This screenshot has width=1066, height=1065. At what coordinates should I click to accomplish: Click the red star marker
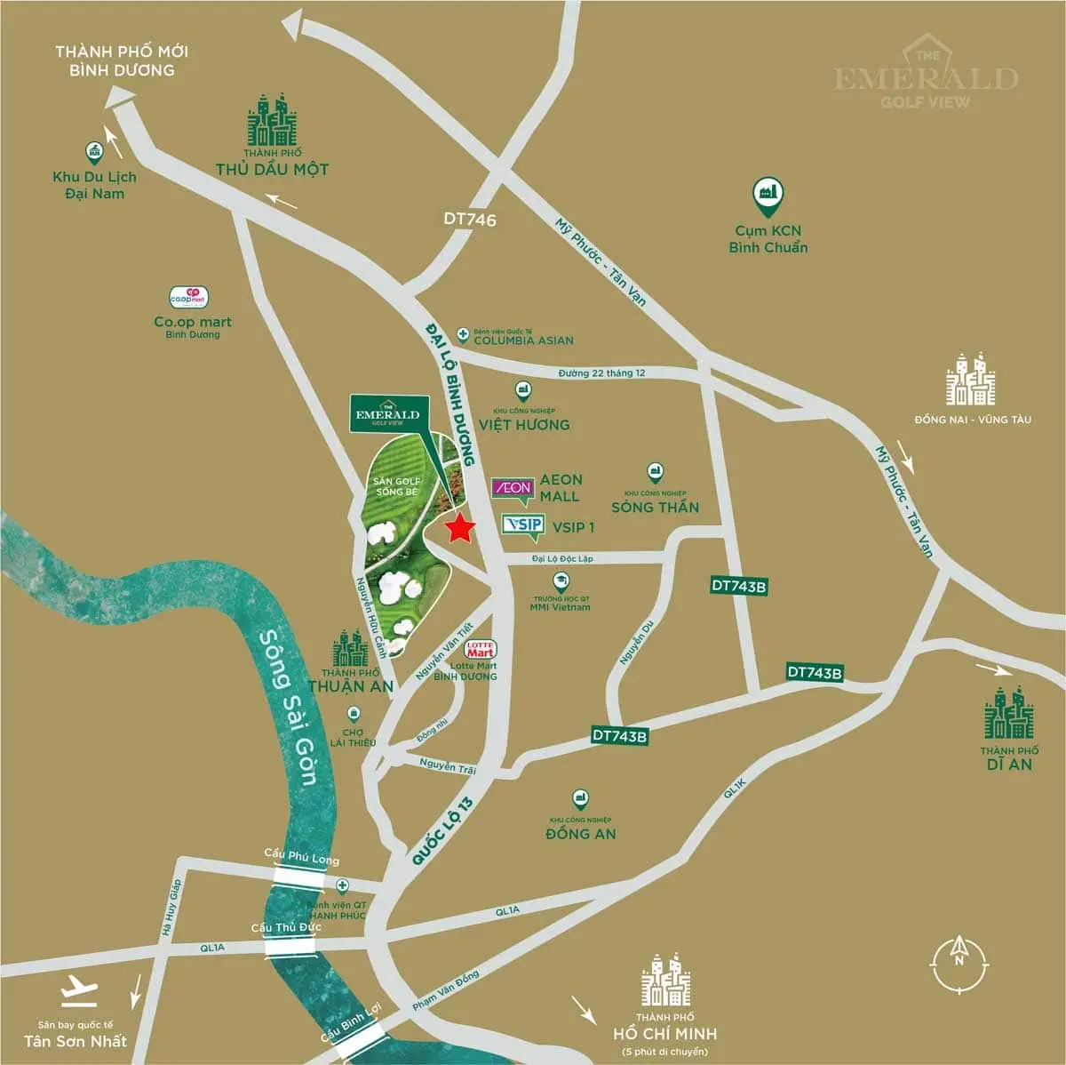(459, 528)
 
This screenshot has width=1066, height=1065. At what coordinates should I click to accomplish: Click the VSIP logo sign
(522, 525)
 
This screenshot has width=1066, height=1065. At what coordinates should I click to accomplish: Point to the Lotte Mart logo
(481, 649)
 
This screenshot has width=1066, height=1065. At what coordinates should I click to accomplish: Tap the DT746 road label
(470, 219)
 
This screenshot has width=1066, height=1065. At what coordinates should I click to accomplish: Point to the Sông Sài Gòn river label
(287, 707)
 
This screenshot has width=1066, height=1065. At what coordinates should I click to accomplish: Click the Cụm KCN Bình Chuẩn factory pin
(768, 193)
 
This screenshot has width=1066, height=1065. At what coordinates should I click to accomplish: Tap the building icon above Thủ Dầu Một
(272, 120)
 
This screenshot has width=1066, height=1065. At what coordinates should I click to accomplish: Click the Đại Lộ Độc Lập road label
(561, 559)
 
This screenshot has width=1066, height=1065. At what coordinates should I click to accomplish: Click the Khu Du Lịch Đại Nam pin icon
(93, 152)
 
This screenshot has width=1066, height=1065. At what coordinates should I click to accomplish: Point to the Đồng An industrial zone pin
(581, 798)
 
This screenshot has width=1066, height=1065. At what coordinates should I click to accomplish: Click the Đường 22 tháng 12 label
(601, 373)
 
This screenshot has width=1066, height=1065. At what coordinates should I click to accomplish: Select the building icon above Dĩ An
(1008, 713)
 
